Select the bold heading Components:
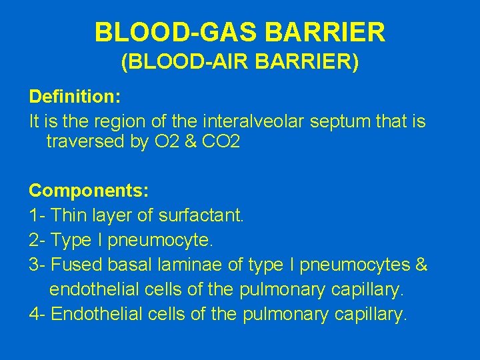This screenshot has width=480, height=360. coord(89,190)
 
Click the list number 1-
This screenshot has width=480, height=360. coord(37,215)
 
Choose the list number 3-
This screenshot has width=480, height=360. coord(37,265)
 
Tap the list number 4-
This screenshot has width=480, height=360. coord(37,314)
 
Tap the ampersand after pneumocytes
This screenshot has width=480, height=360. coord(421,265)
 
